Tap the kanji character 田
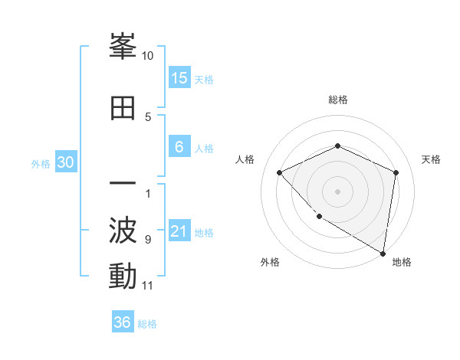(x=123, y=108)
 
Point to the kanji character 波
(x=123, y=231)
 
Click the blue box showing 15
(x=179, y=78)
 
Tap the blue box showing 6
(x=179, y=148)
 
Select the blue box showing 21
(x=179, y=232)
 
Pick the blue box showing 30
(x=65, y=163)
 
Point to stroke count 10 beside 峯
(x=148, y=56)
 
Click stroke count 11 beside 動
(x=148, y=286)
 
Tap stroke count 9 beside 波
(x=148, y=240)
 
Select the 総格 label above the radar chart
(x=337, y=100)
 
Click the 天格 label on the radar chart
(x=432, y=159)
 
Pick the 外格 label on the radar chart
(x=270, y=262)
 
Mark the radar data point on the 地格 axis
(x=383, y=253)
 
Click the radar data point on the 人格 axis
(x=280, y=172)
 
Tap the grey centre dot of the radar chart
(x=337, y=191)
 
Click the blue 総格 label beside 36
(x=147, y=324)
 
